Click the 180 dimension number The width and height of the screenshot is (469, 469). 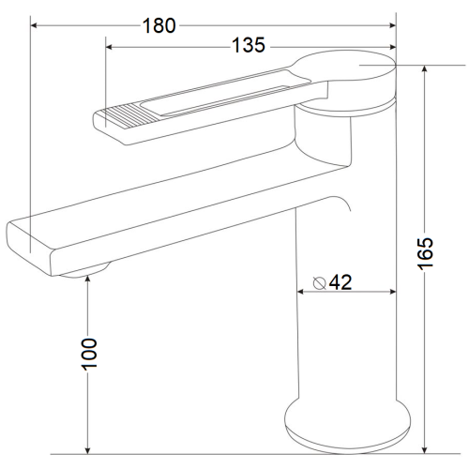click(x=159, y=25)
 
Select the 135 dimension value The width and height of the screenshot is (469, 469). click(x=249, y=45)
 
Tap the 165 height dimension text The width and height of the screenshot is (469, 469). click(x=426, y=253)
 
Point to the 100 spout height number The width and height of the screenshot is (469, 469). click(x=89, y=354)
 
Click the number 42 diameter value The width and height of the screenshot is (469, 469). click(x=340, y=282)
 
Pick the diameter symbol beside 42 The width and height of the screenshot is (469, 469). click(x=320, y=283)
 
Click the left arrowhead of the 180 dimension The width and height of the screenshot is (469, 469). click(x=34, y=25)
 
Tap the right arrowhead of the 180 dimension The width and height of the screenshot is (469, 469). click(x=392, y=25)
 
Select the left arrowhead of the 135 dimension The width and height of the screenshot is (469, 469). click(x=109, y=47)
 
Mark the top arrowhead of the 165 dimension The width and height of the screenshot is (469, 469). click(x=424, y=69)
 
